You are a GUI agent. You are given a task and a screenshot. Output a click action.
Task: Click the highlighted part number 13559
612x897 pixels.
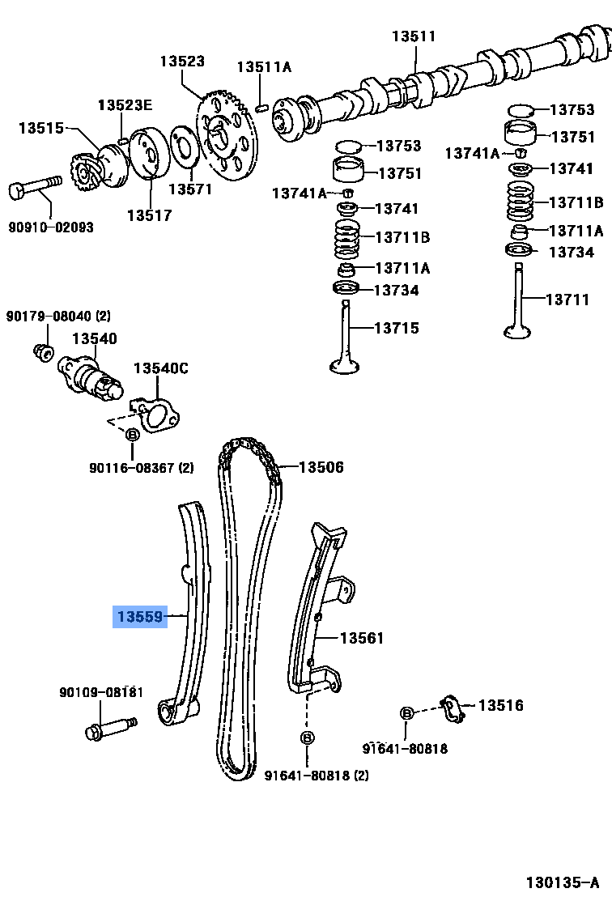[x=138, y=617]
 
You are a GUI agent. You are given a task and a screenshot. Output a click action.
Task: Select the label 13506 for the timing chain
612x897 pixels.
[x=321, y=467]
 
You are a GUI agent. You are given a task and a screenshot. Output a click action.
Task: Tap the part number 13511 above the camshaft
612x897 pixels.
[x=414, y=36]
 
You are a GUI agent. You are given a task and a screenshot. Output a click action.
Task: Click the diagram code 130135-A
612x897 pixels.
[x=561, y=882]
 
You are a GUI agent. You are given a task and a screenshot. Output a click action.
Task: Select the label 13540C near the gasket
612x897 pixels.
[x=160, y=368]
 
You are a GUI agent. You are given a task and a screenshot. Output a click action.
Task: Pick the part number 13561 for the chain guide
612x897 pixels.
[x=361, y=638]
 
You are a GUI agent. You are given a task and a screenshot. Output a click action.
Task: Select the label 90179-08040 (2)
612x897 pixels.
[x=58, y=315]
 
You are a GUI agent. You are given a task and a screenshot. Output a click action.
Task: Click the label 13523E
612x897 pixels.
[x=125, y=105]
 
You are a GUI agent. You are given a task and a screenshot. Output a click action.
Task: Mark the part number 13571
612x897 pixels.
[x=189, y=189]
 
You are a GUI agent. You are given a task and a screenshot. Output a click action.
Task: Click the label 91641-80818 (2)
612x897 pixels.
[x=317, y=776]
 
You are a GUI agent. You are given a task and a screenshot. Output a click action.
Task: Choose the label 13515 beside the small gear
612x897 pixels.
[x=41, y=127]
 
